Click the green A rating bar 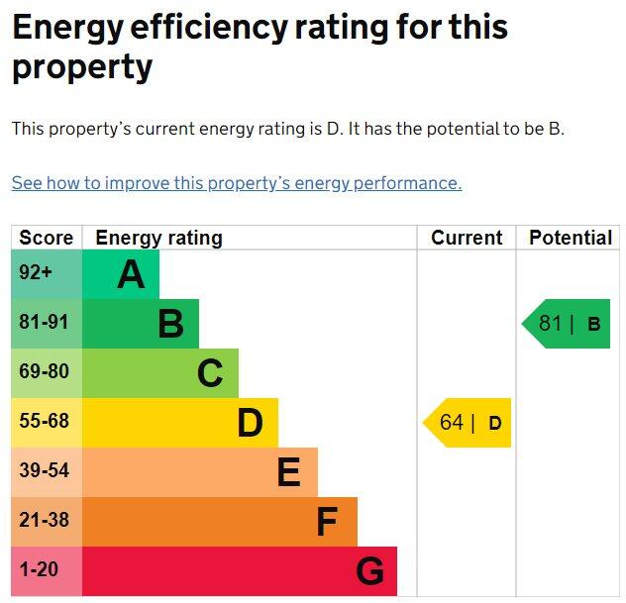(120, 274)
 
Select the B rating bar (140, 324)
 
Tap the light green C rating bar (159, 373)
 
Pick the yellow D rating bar (179, 423)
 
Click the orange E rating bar (199, 472)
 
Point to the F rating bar (219, 522)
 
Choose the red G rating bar (239, 571)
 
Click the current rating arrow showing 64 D (469, 423)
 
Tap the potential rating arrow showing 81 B (568, 324)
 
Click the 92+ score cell (47, 274)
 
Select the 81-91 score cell (47, 324)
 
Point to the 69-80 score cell (47, 373)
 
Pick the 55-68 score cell (47, 423)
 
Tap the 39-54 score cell (47, 472)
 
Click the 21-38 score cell (47, 522)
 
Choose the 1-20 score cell (47, 571)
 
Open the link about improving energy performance (237, 183)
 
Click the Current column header (467, 238)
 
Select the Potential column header (571, 238)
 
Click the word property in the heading (82, 67)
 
